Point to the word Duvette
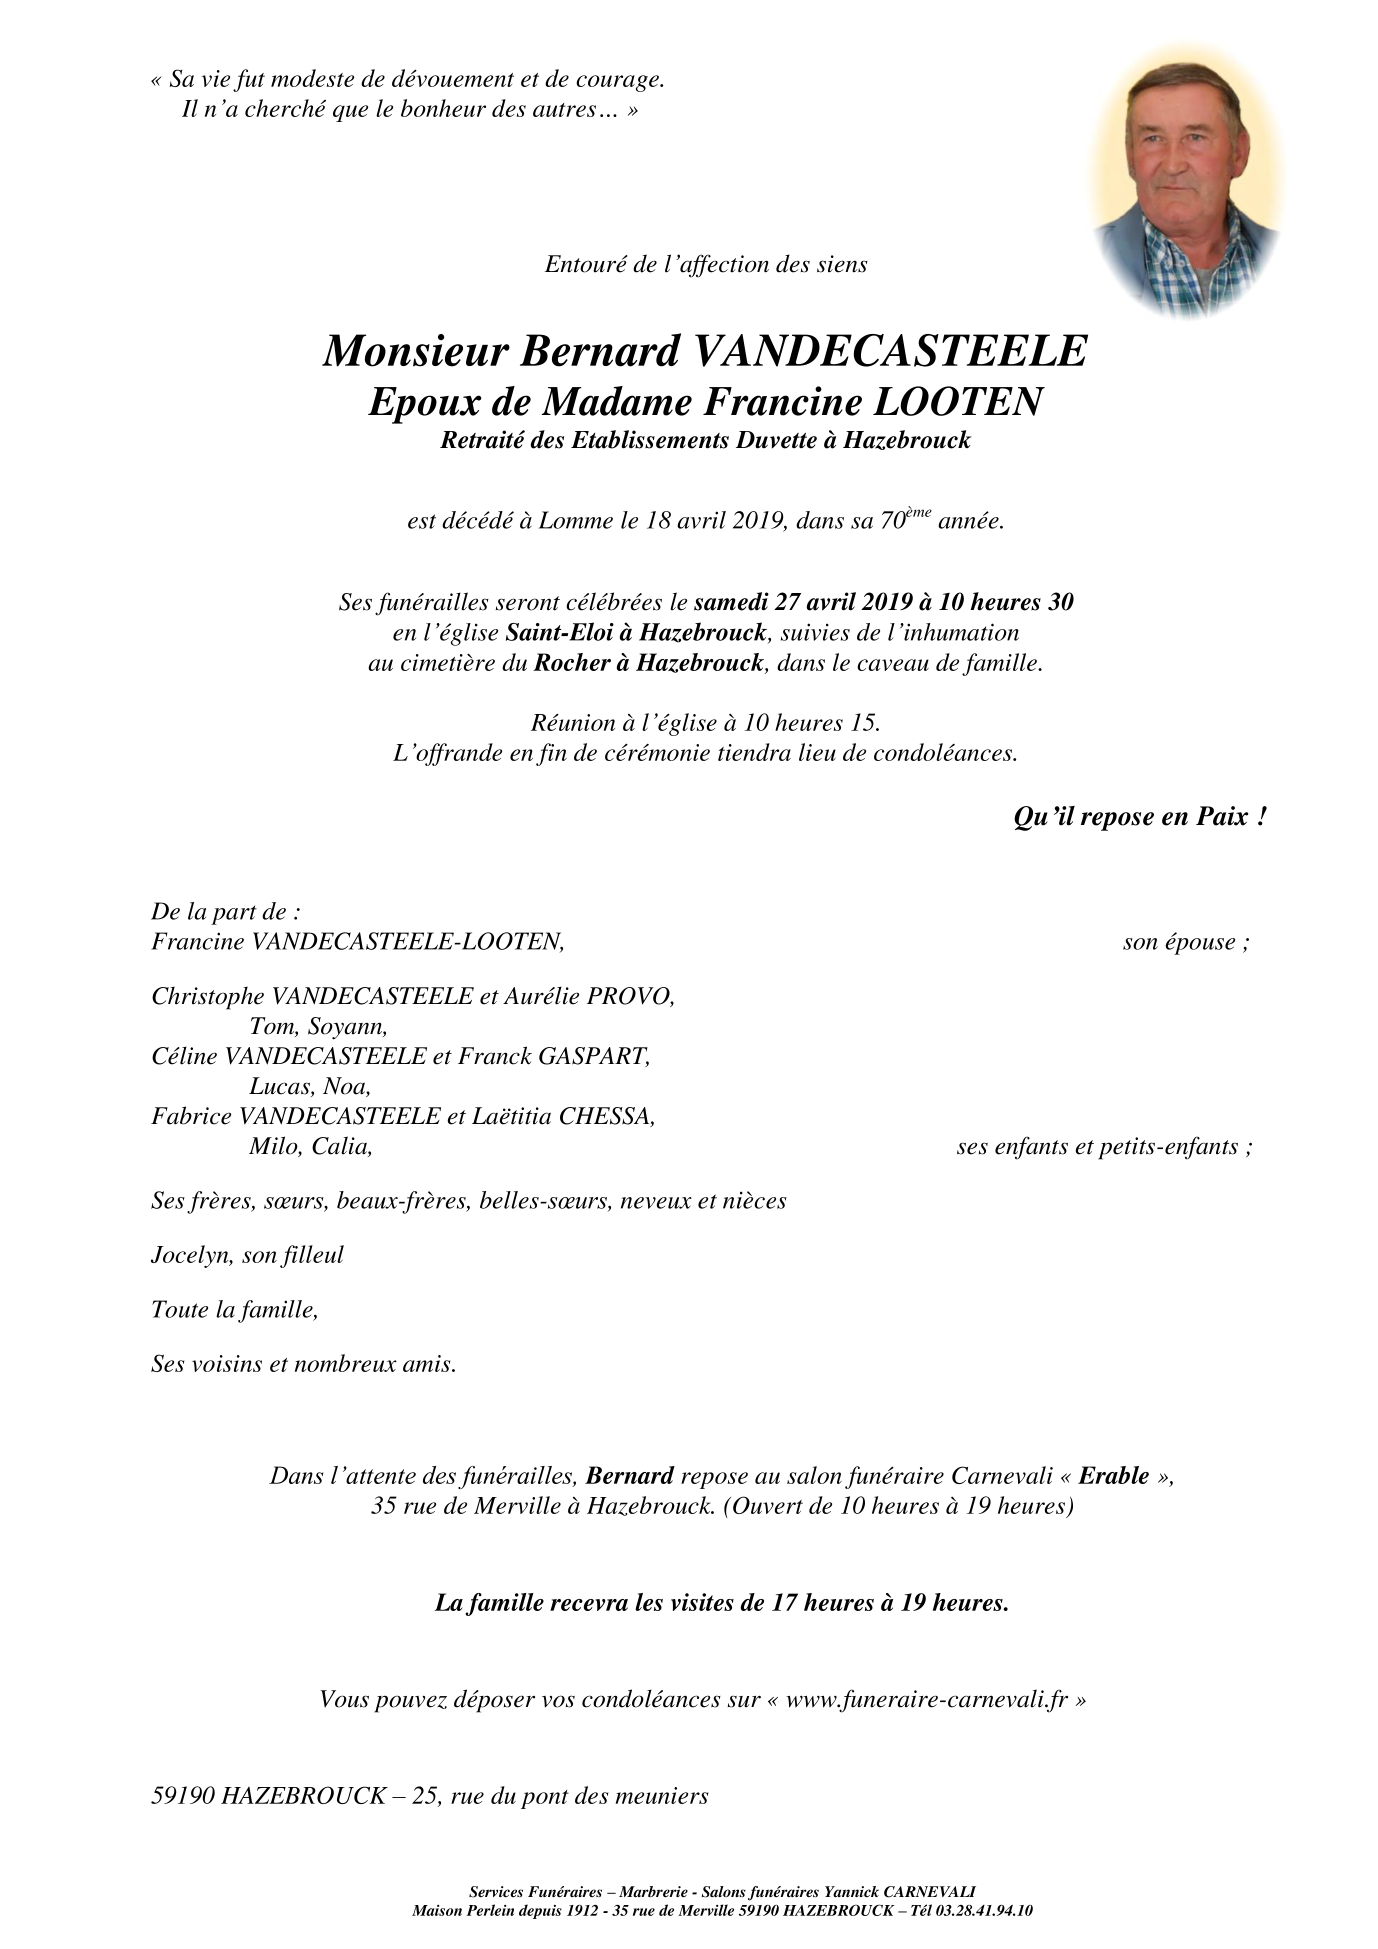pos(776,440)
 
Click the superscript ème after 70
pos(919,513)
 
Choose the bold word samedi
pos(731,602)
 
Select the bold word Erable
pos(1113,1476)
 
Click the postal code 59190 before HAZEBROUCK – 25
pos(182,1796)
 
